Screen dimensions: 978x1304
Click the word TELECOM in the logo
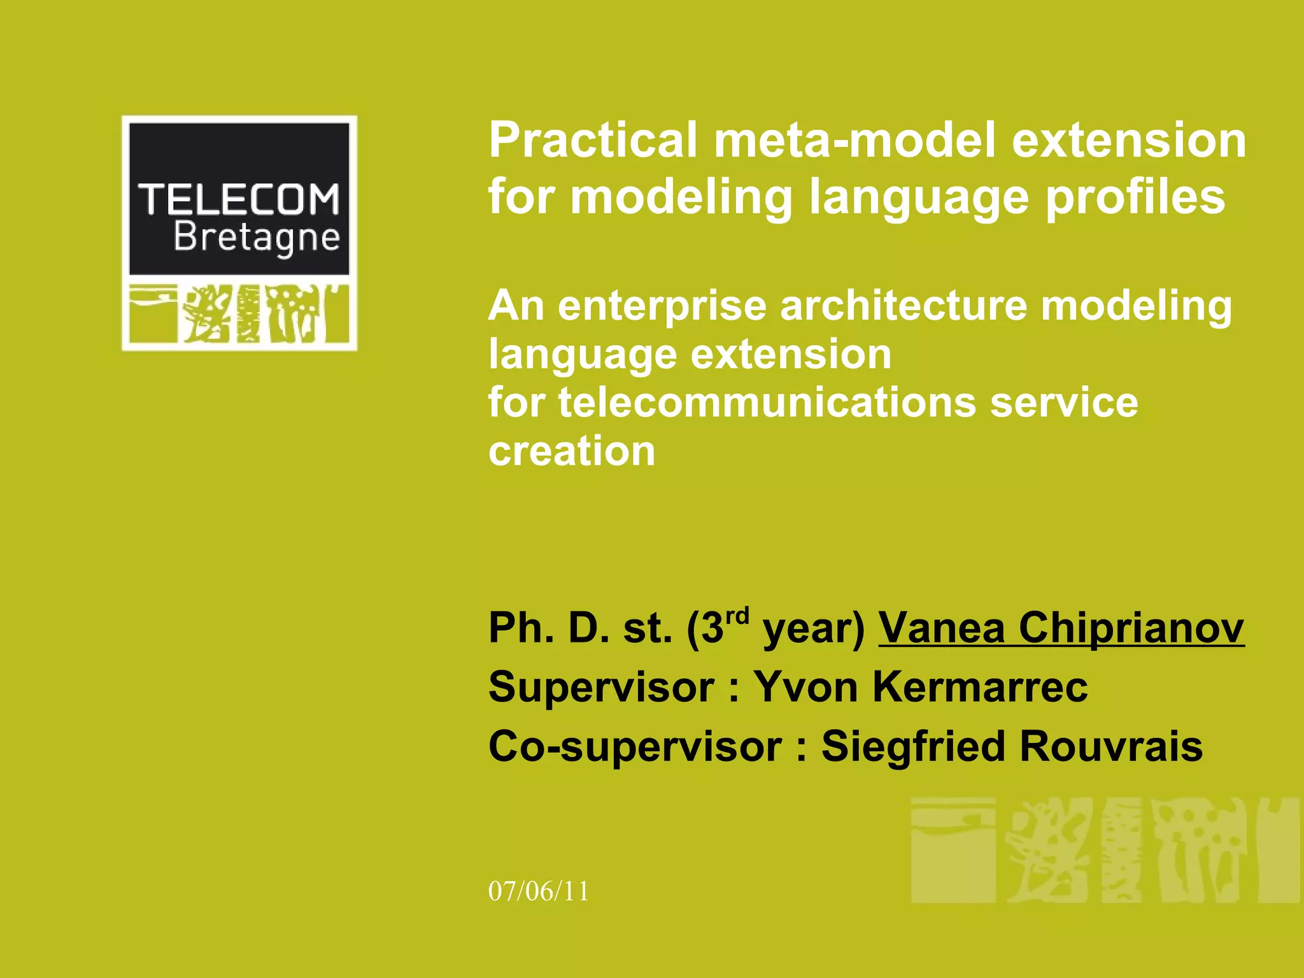[239, 199]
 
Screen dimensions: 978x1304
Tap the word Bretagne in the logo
[257, 237]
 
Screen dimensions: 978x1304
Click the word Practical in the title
[593, 141]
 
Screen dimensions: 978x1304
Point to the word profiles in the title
[1135, 197]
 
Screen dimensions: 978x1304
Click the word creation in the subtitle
[572, 451]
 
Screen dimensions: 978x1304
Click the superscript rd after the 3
[737, 616]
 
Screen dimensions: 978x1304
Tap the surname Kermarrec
[980, 687]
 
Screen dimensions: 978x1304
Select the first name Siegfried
[914, 746]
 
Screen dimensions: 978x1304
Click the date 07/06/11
[539, 891]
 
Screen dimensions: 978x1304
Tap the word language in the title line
[918, 197]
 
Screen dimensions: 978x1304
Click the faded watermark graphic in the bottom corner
[1104, 849]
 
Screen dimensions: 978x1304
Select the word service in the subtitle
[1063, 403]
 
